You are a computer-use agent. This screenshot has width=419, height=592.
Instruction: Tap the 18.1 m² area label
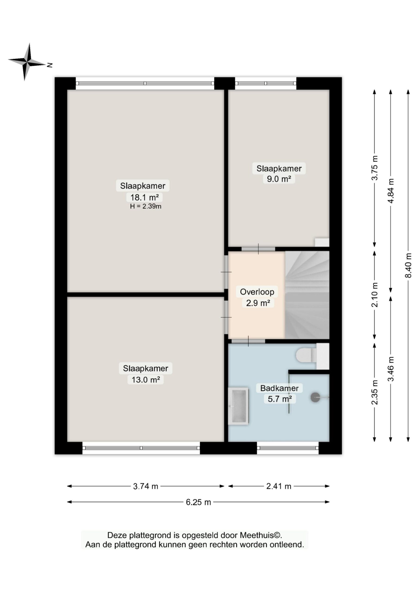click(x=144, y=197)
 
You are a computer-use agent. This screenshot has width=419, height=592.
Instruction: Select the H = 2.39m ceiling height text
click(x=146, y=206)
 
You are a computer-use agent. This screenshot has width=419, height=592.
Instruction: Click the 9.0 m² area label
click(x=279, y=179)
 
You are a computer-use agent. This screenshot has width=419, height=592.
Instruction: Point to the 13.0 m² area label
click(x=146, y=379)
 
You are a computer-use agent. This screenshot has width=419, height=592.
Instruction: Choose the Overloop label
click(x=257, y=292)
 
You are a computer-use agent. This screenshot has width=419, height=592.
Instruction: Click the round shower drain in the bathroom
click(x=315, y=397)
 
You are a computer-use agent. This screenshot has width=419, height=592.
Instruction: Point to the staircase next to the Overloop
click(x=307, y=295)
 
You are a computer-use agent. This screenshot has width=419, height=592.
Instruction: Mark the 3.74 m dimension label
click(x=146, y=486)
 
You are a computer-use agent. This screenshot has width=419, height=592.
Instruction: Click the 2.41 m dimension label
click(x=279, y=486)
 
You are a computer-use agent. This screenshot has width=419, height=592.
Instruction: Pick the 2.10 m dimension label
click(x=375, y=295)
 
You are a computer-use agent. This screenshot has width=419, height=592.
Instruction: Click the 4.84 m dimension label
click(x=391, y=191)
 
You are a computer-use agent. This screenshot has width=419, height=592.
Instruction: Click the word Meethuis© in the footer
click(x=261, y=535)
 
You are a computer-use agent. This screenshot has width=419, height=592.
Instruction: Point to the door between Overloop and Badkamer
click(x=248, y=341)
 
